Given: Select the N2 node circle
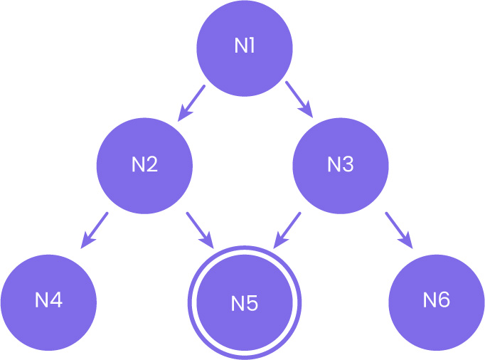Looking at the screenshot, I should [x=144, y=165].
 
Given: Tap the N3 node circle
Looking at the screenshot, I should [x=341, y=165].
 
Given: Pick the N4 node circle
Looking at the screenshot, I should [x=48, y=300].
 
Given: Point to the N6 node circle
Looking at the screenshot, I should [x=437, y=300].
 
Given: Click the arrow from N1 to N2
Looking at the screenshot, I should [x=192, y=101].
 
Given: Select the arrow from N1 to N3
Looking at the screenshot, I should [x=299, y=98].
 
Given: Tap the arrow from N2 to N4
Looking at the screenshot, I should [x=95, y=229].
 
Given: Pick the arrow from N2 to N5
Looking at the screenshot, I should [x=199, y=227].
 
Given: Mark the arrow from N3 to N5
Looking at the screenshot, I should [x=288, y=227].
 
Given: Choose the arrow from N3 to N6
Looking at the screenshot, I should [x=398, y=229].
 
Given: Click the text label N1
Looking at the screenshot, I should [x=245, y=47].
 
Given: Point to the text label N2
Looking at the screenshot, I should [x=144, y=165].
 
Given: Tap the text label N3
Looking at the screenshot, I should [x=341, y=165].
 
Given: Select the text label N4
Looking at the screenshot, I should [x=48, y=300].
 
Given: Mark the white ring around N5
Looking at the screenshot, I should [x=244, y=250].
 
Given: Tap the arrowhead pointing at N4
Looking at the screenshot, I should [x=85, y=242].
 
